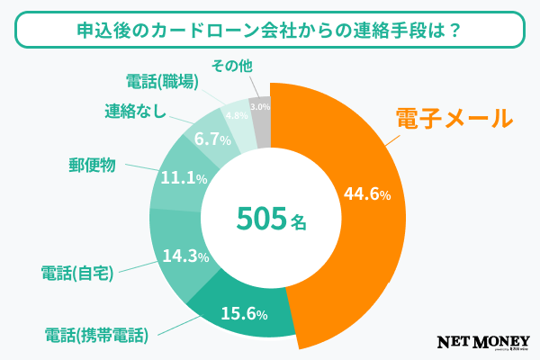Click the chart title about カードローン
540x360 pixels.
pyautogui.click(x=270, y=30)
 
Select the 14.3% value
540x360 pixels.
pyautogui.click(x=186, y=256)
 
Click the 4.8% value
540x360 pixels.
pyautogui.click(x=237, y=116)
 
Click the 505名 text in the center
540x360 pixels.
pyautogui.click(x=270, y=219)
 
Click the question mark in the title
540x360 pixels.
pyautogui.click(x=454, y=30)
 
